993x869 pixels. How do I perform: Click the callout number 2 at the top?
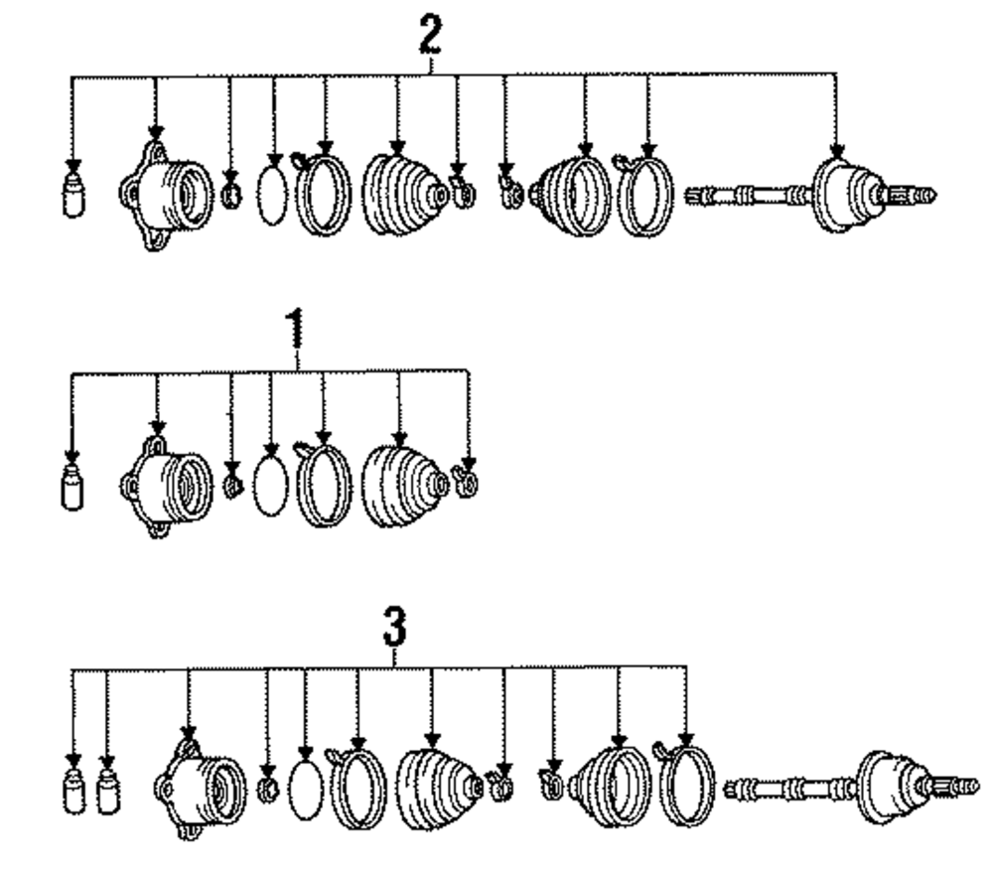430,40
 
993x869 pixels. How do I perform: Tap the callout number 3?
394,629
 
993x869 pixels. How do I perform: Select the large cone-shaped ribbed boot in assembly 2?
401,196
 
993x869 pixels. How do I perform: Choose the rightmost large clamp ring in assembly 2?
641,196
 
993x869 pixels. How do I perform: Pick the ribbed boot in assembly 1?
401,484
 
